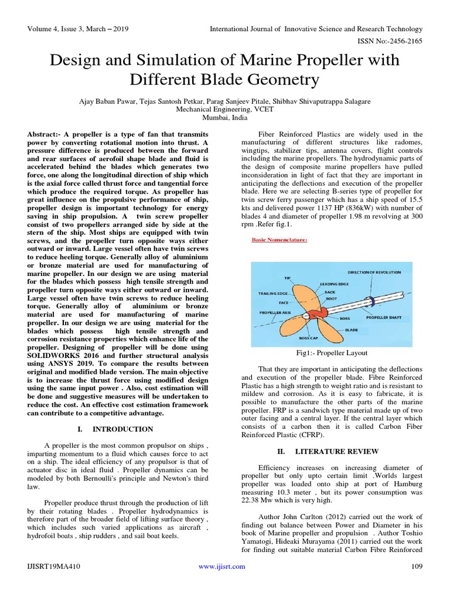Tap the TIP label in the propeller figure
click(x=287, y=277)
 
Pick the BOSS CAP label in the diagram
click(x=309, y=338)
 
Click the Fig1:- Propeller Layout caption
click(x=332, y=354)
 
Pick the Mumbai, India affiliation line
click(x=225, y=117)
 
